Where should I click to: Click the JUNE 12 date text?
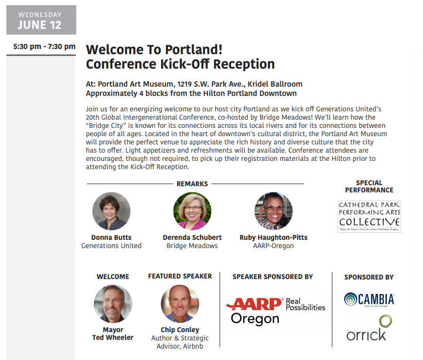tap(39, 25)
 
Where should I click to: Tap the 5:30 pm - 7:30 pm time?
tap(44, 46)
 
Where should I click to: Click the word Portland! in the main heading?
tap(194, 50)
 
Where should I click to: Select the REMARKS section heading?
tap(192, 184)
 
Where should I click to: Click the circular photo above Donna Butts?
tap(111, 211)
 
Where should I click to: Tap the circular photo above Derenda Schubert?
tap(192, 211)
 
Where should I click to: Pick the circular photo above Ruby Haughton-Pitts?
tap(273, 211)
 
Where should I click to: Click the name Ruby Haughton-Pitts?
tap(273, 237)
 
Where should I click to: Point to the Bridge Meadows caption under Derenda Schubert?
tap(192, 246)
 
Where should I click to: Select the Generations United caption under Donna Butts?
tap(111, 246)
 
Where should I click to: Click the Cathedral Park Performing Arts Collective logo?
tap(369, 216)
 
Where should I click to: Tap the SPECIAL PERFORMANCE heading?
tap(369, 186)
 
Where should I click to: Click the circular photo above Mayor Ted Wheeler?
tap(113, 304)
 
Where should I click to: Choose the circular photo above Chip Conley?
tap(180, 304)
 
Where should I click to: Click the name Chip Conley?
tap(180, 330)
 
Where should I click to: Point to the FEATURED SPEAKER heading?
tap(180, 276)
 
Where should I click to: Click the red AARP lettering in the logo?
tap(255, 304)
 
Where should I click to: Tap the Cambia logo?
tap(369, 300)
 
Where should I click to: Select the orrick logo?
tap(369, 328)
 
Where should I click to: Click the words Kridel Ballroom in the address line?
tap(275, 84)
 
